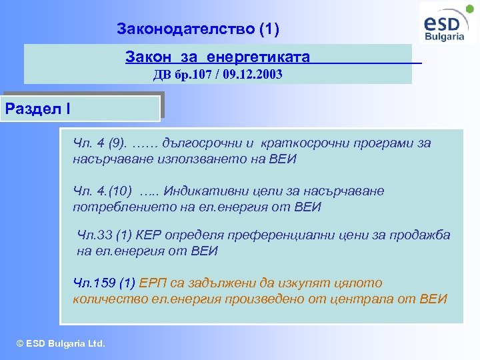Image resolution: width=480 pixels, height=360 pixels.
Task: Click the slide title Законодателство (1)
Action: tap(198, 29)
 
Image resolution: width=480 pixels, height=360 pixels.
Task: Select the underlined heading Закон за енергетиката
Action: tap(217, 57)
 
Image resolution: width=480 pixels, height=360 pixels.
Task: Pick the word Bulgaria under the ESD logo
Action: tap(445, 37)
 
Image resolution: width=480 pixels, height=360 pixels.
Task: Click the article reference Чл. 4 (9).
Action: tap(100, 143)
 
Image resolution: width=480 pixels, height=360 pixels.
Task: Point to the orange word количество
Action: tap(105, 299)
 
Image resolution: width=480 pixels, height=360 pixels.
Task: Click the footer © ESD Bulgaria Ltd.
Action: tap(61, 344)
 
